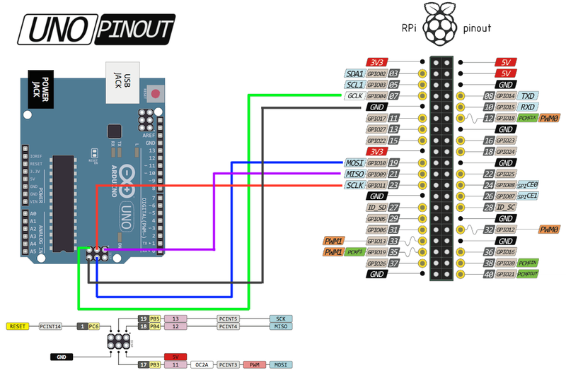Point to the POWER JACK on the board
(x=40, y=88)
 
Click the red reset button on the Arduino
(x=156, y=93)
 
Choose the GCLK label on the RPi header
(x=355, y=96)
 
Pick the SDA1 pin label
(x=354, y=73)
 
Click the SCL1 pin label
(x=354, y=85)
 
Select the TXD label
(x=527, y=96)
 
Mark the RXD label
(x=527, y=107)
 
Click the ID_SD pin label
(x=377, y=208)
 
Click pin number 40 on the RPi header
(x=488, y=274)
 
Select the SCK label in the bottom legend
(x=281, y=319)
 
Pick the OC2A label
(x=201, y=365)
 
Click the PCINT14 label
(x=50, y=326)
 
